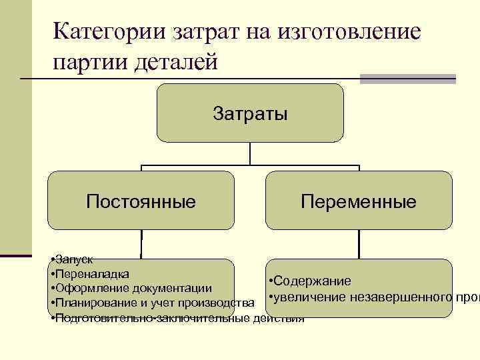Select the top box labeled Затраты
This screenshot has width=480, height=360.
(x=250, y=113)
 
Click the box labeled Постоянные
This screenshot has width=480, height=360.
(x=141, y=201)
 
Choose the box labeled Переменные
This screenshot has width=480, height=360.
(x=359, y=201)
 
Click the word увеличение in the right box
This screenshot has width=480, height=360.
(x=307, y=297)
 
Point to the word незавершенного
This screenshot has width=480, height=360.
(x=401, y=297)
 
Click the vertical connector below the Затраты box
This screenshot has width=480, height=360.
(x=250, y=153)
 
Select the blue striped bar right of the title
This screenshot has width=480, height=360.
(x=407, y=79)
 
